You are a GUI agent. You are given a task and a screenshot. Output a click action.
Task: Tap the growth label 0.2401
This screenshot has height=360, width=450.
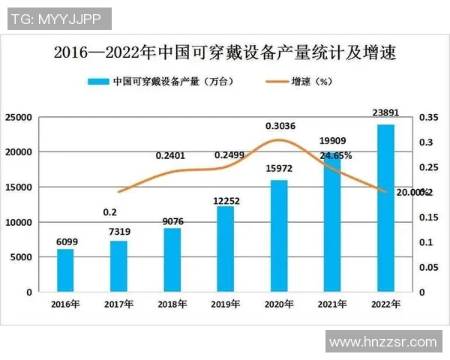point(170,155)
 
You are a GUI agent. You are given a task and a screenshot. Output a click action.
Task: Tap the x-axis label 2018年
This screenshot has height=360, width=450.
point(172,304)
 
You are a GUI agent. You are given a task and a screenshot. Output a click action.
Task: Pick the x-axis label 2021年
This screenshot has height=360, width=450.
point(331,304)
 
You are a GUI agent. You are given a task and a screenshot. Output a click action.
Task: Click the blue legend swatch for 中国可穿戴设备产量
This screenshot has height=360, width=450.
point(97,81)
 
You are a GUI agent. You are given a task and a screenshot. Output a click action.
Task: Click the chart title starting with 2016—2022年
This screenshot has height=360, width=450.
point(225,53)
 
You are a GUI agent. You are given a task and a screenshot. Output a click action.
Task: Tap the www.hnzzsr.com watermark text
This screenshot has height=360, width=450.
point(382,342)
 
